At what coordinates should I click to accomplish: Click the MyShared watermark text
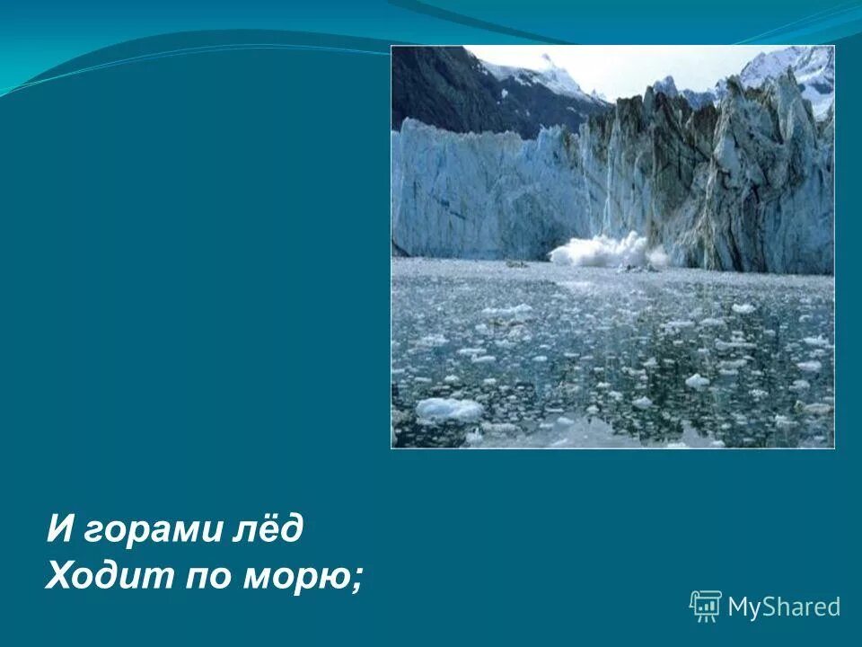point(784,607)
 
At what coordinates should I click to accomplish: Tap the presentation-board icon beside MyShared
point(705,606)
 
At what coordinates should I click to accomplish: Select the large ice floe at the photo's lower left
point(447,409)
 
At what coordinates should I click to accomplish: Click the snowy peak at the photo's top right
point(790,67)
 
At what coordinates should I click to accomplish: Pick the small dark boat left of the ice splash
point(516,263)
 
